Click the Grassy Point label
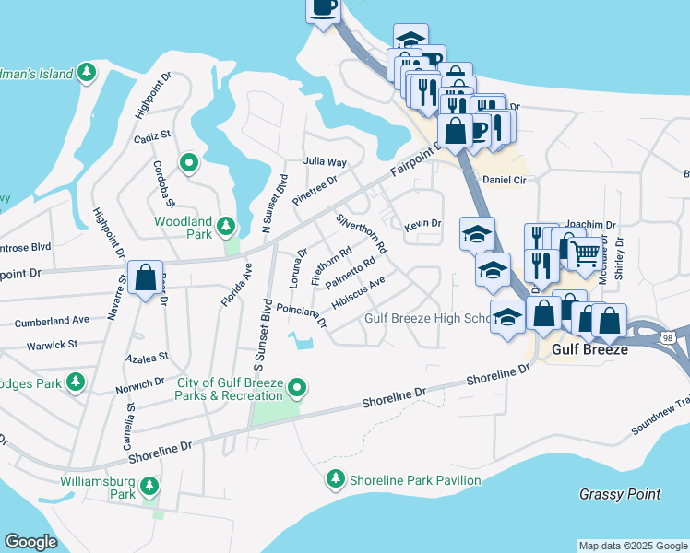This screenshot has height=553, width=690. pyautogui.click(x=620, y=494)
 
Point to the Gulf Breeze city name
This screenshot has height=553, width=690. pyautogui.click(x=589, y=350)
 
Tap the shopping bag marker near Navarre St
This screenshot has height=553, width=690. pyautogui.click(x=146, y=276)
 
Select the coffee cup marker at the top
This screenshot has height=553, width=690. pyautogui.click(x=323, y=7)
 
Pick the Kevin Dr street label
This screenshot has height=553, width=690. pyautogui.click(x=423, y=223)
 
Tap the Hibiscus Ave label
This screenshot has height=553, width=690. pyautogui.click(x=358, y=293)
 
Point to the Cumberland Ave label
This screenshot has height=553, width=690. pyautogui.click(x=52, y=322)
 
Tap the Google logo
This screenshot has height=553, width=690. pyautogui.click(x=30, y=542)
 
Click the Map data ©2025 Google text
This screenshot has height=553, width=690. pyautogui.click(x=633, y=546)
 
